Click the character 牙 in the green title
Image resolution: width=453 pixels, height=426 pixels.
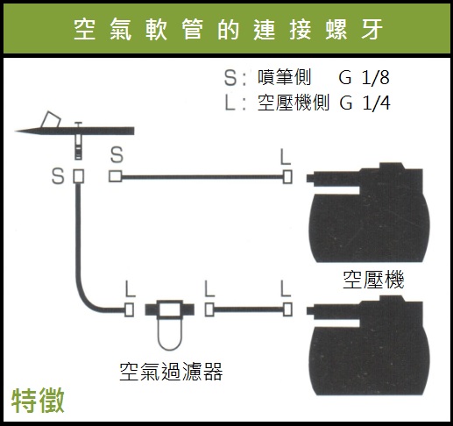pos(372,30)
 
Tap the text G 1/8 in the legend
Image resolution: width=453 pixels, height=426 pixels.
pos(365,78)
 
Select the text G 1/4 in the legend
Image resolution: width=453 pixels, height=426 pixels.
pos(365,103)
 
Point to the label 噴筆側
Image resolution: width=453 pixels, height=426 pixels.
pos(284,77)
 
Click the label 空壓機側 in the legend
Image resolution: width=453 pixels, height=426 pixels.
pos(294,103)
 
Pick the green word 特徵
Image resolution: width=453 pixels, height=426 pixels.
pos(38,401)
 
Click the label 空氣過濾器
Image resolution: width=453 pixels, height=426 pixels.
pos(171,372)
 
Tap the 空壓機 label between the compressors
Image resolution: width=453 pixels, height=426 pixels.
pos(373,280)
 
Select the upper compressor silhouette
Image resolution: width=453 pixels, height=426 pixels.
pos(368,213)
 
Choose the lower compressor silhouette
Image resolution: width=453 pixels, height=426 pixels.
pos(368,346)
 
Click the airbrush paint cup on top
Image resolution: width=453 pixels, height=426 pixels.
pos(51,119)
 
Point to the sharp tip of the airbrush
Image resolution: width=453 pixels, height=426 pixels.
pos(16,131)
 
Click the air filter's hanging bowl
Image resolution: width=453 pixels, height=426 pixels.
pos(170,334)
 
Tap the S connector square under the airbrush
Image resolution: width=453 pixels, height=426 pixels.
pos(78,176)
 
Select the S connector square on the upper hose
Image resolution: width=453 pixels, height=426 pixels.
pos(116,176)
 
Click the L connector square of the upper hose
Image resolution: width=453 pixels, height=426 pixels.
pos(287,177)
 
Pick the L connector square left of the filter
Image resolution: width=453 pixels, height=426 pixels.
pos(129,309)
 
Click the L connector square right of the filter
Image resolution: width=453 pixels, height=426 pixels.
pos(209,309)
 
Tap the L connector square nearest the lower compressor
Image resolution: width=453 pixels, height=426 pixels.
pos(287,309)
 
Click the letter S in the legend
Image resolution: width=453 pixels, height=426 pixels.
pos(230,78)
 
